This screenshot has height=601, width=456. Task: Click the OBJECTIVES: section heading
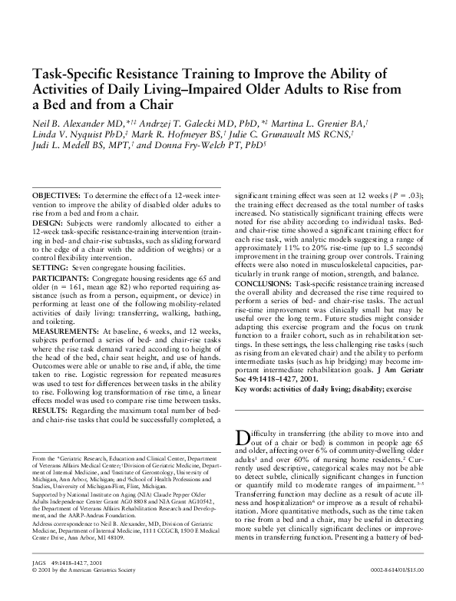56,197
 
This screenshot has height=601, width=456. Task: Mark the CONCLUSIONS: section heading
269,281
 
